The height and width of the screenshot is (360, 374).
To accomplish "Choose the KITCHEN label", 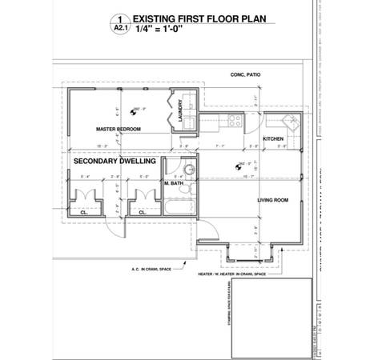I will tap(274, 138).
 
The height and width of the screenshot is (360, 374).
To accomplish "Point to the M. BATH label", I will tap(174, 184).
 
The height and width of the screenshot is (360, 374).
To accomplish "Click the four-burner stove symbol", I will tap(235, 122).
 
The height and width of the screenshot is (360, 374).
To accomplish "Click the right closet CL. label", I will tap(142, 213).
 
